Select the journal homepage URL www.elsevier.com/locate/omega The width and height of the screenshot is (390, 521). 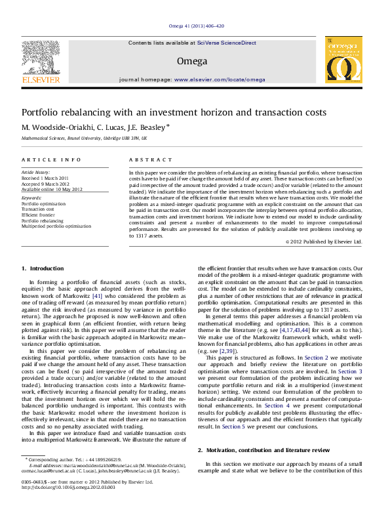click(219, 79)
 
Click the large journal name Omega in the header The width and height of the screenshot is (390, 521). click(192, 61)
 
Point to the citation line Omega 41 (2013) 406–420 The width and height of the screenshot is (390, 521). click(196, 26)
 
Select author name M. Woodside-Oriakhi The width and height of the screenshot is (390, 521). click(51, 127)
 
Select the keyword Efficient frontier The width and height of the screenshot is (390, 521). click(39, 215)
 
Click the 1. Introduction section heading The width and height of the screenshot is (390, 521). click(43, 268)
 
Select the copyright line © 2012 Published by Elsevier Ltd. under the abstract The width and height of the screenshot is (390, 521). click(324, 241)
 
